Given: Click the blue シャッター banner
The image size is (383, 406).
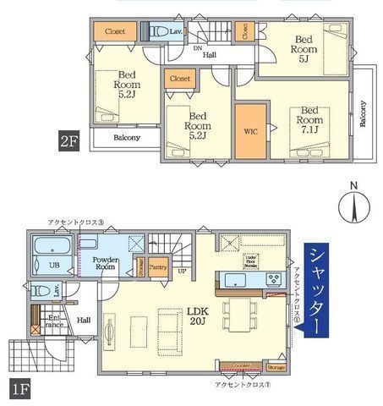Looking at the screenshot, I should [x=318, y=290].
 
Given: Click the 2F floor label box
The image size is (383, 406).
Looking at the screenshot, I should [x=68, y=140].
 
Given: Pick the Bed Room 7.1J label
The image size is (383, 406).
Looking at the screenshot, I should [x=309, y=121].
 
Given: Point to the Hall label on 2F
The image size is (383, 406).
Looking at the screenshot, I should [x=208, y=55].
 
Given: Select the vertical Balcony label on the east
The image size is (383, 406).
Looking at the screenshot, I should [x=363, y=113].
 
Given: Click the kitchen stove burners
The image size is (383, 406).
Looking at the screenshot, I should [x=275, y=278].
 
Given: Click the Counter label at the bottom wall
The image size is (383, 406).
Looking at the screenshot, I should [x=242, y=367].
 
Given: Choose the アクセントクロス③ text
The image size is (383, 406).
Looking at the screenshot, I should [x=77, y=222].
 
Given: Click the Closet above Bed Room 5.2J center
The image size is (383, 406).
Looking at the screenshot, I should [x=179, y=79].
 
